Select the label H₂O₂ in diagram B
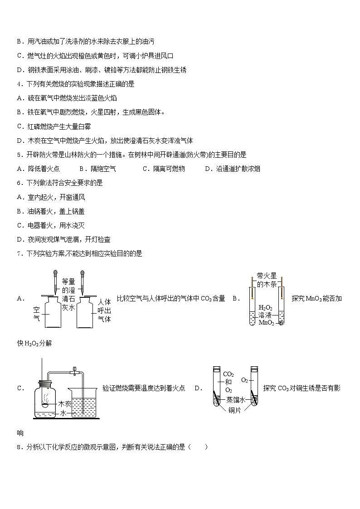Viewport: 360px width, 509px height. click(x=265, y=307)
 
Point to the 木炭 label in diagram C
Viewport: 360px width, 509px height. click(x=65, y=403)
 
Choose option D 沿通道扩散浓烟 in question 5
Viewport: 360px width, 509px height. click(x=233, y=169)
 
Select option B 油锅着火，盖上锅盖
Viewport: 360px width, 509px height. click(x=50, y=211)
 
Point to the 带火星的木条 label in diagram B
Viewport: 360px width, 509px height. click(x=266, y=280)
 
